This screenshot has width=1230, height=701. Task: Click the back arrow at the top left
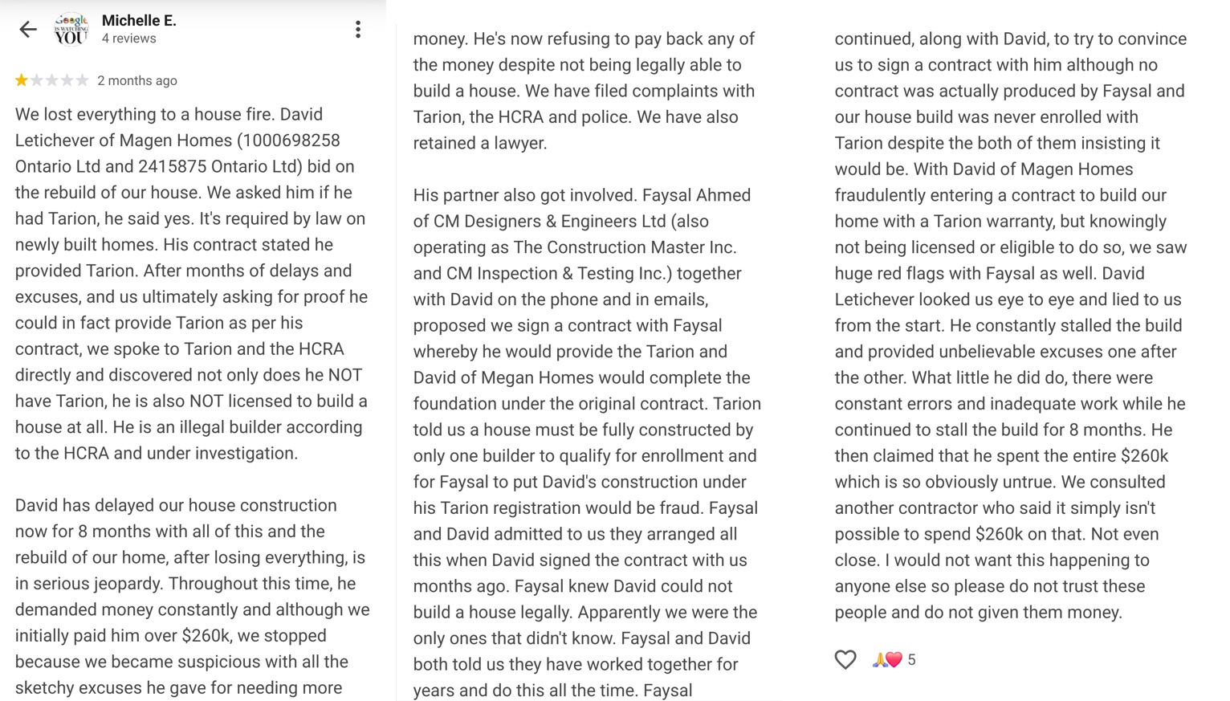[28, 30]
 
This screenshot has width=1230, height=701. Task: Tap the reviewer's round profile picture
[71, 30]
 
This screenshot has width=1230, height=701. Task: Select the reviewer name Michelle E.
[138, 20]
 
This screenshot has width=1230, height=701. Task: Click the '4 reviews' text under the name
[128, 39]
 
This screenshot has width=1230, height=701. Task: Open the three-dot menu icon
[358, 30]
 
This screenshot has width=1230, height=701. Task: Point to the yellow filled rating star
[22, 80]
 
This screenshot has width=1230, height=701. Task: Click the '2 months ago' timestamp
[137, 80]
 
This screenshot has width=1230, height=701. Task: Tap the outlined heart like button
[845, 659]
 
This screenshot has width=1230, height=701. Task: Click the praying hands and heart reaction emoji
[887, 659]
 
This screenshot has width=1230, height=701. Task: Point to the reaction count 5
[911, 659]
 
